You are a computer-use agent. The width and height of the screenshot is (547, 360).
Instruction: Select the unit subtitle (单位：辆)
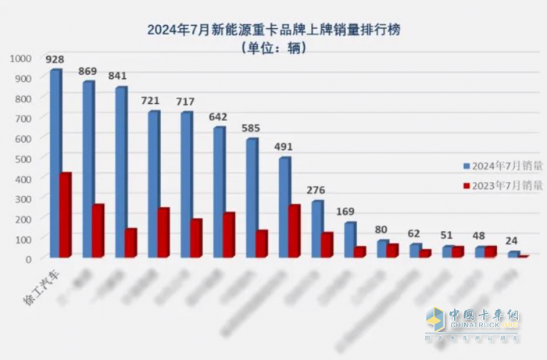click(273, 48)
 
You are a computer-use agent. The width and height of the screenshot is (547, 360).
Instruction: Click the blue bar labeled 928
click(55, 163)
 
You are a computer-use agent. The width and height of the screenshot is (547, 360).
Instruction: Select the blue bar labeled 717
click(186, 184)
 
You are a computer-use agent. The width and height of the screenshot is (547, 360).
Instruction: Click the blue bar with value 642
click(219, 191)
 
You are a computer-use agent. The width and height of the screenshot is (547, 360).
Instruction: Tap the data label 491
click(284, 145)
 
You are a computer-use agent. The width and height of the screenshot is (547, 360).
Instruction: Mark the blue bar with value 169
click(349, 239)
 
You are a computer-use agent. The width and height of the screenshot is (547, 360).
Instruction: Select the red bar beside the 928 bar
click(66, 215)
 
